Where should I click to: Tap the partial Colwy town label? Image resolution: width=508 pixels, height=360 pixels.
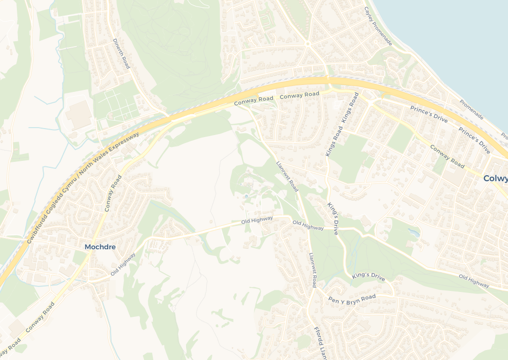495,179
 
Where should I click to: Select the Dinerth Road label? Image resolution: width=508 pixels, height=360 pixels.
121,54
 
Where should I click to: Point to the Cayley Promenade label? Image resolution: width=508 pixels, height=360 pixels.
378,26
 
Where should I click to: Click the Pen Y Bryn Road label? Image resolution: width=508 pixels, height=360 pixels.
352,299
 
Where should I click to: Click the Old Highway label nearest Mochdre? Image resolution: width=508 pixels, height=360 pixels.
123,264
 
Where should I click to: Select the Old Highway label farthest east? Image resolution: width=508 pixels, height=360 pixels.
474,281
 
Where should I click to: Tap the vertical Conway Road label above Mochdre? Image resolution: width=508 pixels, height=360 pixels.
113,194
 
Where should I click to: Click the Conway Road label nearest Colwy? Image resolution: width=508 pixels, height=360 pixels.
447,156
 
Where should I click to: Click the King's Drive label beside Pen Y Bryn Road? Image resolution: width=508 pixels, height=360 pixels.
369,276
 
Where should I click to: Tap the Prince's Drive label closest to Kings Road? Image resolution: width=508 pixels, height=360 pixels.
429,115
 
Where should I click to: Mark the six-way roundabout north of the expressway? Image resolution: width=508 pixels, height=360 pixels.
308,44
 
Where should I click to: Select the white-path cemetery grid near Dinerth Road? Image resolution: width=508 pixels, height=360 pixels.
117,105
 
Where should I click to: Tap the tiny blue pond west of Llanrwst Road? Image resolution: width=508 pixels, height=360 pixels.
247,197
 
